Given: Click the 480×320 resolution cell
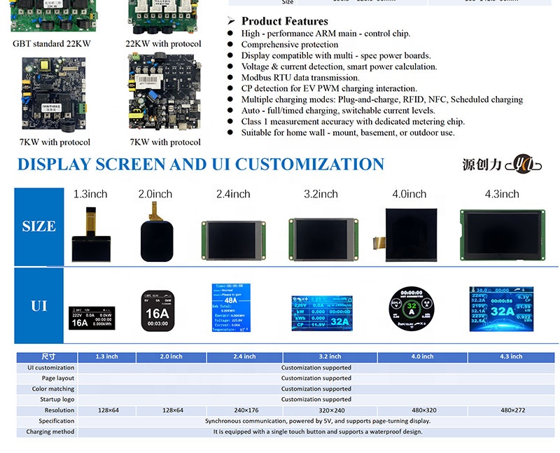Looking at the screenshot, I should (423, 410).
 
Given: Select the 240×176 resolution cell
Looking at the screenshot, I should (245, 410).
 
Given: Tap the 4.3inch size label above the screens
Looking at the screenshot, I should (502, 194).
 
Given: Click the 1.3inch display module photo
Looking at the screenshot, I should (90, 235).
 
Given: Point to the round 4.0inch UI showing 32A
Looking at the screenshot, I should (411, 308).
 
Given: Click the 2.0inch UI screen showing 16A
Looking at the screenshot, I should (157, 309).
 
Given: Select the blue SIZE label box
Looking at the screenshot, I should (38, 226).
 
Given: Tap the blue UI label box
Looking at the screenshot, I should (38, 306).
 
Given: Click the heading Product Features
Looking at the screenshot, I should (284, 21).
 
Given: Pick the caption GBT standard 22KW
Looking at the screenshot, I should (52, 43).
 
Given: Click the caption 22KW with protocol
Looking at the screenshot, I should (163, 43).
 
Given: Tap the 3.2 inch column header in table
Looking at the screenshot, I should (330, 357).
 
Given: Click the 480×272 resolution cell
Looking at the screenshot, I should (512, 410).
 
